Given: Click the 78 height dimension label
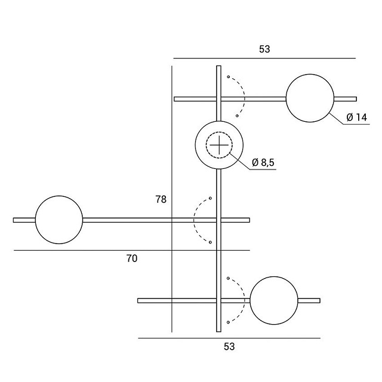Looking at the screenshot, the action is tap(161, 199).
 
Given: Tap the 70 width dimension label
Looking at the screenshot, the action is tap(132, 258).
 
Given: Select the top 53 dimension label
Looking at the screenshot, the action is tap(264, 49).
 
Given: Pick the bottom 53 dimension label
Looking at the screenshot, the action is tap(229, 347).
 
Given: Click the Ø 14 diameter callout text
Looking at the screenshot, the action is tap(357, 118).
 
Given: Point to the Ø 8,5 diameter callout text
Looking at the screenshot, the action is tap(263, 162).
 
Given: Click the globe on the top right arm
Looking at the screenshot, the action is tap(310, 98).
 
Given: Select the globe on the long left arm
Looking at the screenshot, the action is tap(59, 220).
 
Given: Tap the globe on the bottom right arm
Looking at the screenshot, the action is tap(274, 300).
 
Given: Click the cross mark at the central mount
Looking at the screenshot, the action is tap(219, 145).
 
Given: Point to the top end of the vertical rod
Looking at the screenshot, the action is tap(219, 66).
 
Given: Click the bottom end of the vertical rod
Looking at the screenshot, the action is tap(219, 332).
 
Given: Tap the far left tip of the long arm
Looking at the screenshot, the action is tap(13, 220).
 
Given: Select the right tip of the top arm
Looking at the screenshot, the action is tap(357, 99).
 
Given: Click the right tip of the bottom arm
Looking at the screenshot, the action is tap(320, 301).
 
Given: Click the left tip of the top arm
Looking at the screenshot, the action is tap(174, 99).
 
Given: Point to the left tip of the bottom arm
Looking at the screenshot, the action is tap(138, 301).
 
